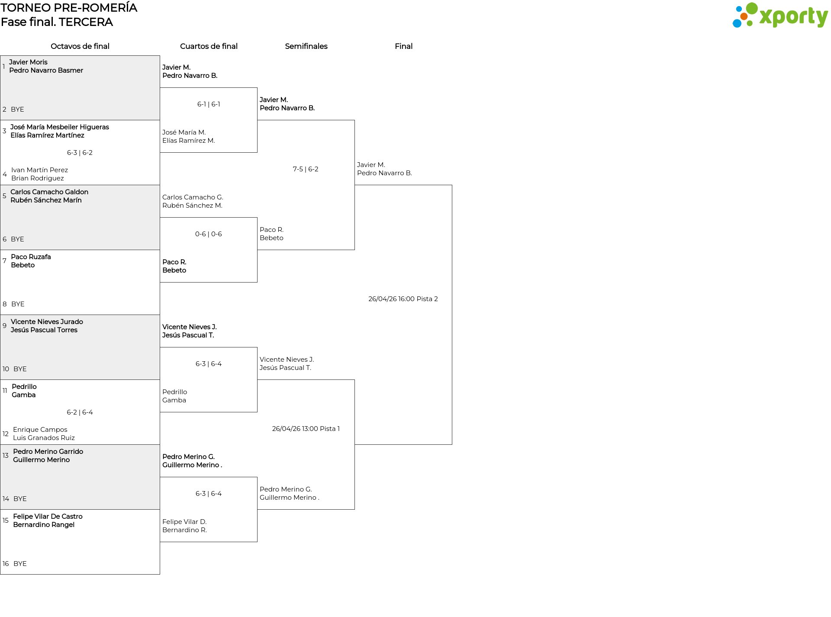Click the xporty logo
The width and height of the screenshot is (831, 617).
coord(780,16)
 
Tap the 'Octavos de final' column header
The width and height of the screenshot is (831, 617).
coord(80,46)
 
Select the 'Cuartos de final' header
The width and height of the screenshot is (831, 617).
coord(209,46)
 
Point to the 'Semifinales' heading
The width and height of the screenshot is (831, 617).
coord(306,46)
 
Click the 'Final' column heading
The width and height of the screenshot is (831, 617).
coord(403,46)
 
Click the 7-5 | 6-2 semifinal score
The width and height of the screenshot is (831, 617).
coord(306,169)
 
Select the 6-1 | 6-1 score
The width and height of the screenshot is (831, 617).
coord(209,104)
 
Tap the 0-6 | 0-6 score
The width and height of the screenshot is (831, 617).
coord(209,234)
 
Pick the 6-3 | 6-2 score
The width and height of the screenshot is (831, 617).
coord(80,153)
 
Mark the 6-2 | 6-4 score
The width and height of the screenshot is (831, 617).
coord(80,412)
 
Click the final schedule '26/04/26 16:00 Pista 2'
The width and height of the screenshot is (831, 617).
coord(403,299)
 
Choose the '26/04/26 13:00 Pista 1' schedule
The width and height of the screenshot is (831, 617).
coord(306,429)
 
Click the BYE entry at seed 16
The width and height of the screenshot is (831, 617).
coord(20,564)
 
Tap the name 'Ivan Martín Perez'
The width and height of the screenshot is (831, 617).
coord(39,170)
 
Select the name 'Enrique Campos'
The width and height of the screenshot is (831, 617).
coord(40,430)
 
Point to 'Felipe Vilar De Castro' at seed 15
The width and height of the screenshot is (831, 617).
coord(48,516)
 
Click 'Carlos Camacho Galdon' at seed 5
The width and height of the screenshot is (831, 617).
coord(49,192)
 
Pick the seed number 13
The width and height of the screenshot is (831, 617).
coord(6,456)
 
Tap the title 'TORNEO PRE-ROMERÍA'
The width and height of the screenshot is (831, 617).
coord(69,8)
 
